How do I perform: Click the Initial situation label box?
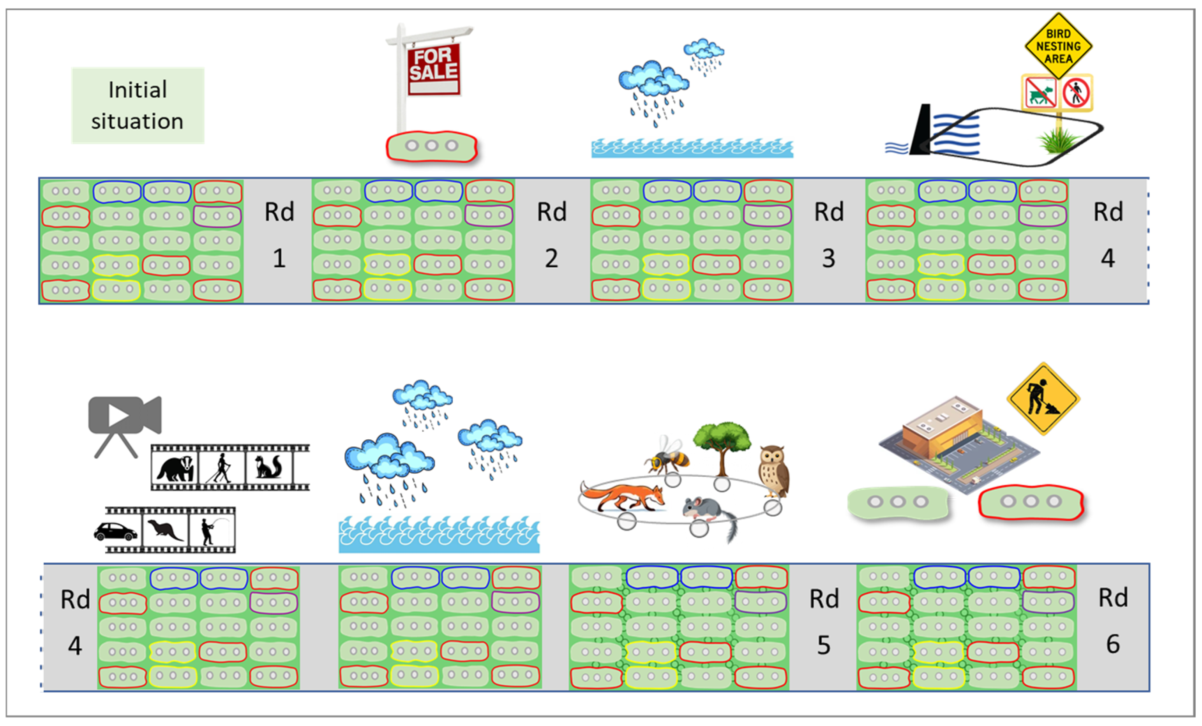coord(138,105)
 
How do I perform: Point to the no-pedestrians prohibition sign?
coord(1076,93)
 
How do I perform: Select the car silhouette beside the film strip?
coord(116,532)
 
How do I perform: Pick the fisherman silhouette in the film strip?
coord(214,530)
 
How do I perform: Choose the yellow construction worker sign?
coord(1043,398)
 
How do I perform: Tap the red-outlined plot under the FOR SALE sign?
coord(432,146)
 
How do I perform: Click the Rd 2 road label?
coord(552,234)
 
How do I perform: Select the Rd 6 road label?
coord(1113,620)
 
